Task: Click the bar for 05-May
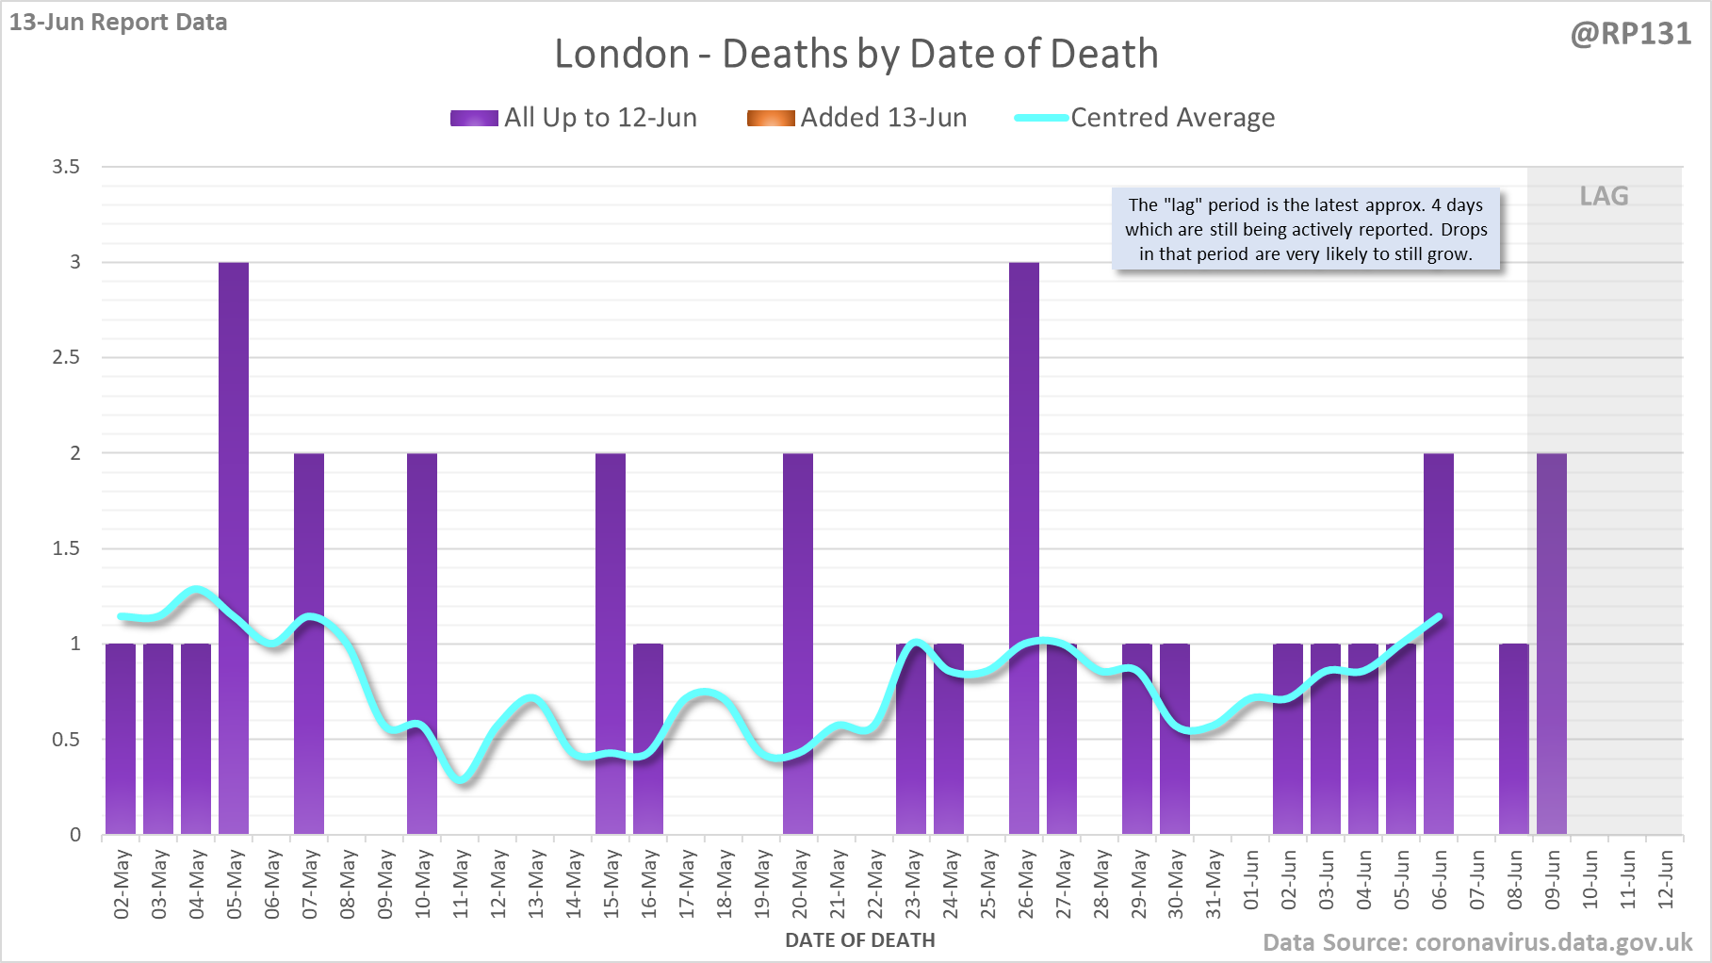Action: coord(234,547)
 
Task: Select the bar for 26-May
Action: coord(1024,547)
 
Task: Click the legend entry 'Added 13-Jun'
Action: coord(856,118)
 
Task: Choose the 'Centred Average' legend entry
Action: coord(1145,118)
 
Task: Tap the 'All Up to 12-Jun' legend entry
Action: coord(574,118)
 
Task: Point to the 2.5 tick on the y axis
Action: coord(66,357)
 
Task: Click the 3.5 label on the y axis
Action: coord(66,167)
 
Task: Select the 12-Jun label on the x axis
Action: coord(1666,879)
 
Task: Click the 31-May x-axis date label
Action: coord(1214,884)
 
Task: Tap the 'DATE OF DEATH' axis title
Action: coord(860,940)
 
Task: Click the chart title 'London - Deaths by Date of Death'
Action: coord(856,54)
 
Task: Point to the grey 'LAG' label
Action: coord(1604,196)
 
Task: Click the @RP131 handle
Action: coord(1630,34)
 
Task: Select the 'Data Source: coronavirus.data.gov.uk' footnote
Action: coord(1477,942)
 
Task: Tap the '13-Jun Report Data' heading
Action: coord(119,23)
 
